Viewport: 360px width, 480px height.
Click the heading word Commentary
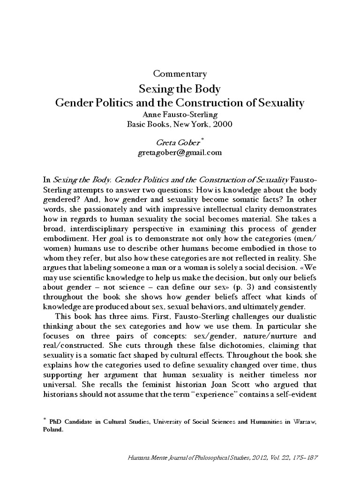[180, 74]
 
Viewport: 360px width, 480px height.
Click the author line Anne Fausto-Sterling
[180, 114]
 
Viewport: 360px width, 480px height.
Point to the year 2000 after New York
[222, 124]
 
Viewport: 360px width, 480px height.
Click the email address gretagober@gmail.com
[180, 152]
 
